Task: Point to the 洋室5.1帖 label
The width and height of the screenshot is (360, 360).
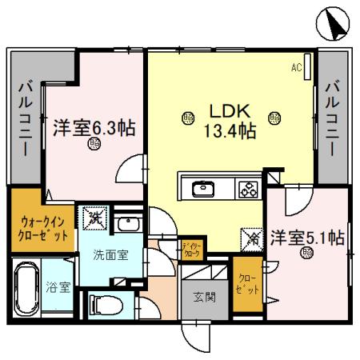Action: (306, 238)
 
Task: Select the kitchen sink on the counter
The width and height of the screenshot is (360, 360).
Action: (202, 190)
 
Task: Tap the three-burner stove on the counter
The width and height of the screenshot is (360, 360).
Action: (247, 190)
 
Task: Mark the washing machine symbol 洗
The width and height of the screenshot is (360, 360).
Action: (93, 217)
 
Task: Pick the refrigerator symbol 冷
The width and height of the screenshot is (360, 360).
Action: (250, 238)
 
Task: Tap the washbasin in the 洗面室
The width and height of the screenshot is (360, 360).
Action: (126, 224)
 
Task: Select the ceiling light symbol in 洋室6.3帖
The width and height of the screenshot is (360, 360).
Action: (94, 144)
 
